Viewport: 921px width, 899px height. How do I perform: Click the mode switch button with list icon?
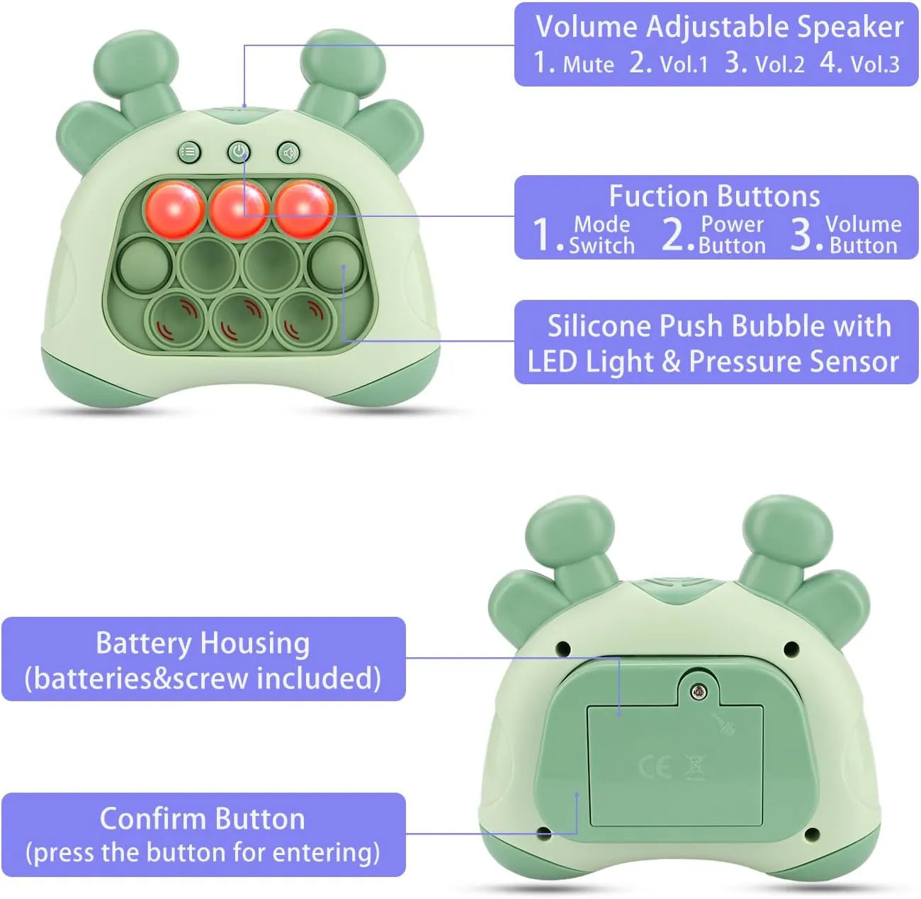(189, 152)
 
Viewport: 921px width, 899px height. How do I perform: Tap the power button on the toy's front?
(239, 152)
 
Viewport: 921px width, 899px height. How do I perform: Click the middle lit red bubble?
(239, 209)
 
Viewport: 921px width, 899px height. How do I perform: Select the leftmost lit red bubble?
(175, 209)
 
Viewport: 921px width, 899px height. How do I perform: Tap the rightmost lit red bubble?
(304, 209)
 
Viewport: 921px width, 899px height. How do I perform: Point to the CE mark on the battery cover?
(655, 766)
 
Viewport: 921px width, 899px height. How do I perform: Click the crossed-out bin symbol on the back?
(695, 766)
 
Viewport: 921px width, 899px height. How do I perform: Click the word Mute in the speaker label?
(588, 65)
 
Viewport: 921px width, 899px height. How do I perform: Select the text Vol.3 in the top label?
(875, 65)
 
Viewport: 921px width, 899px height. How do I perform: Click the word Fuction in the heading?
(650, 196)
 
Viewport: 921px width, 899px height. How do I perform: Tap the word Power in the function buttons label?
(732, 225)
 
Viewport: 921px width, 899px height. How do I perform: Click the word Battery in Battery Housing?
(143, 644)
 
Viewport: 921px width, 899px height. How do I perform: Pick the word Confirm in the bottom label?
(153, 819)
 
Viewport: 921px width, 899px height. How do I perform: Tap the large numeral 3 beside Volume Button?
(802, 233)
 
